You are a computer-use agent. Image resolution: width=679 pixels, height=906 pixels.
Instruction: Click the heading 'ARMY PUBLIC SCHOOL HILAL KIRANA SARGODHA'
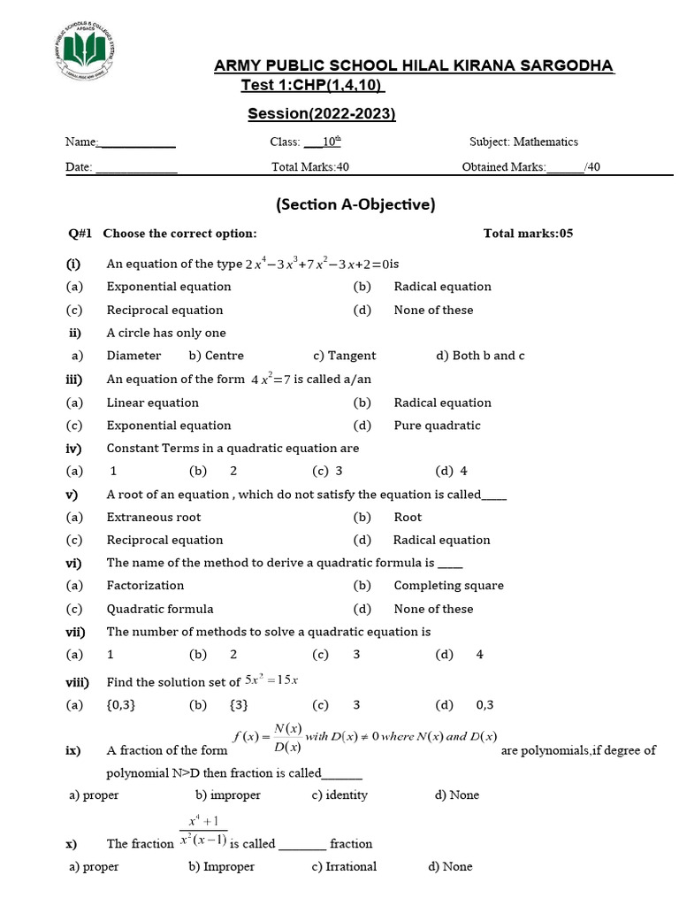point(415,67)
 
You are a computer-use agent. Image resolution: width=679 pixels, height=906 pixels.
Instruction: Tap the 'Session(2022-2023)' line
point(321,113)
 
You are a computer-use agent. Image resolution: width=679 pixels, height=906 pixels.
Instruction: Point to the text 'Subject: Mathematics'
point(523,142)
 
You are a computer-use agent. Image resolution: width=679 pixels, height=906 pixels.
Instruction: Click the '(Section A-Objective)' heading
point(356,204)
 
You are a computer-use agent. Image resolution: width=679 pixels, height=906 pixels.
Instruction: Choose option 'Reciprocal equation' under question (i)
point(164,311)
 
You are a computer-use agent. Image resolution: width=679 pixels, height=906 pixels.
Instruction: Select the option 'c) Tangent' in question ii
point(344,356)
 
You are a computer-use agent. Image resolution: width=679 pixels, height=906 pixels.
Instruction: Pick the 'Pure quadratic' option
point(437,426)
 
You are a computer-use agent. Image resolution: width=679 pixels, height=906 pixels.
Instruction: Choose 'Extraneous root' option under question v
point(154,518)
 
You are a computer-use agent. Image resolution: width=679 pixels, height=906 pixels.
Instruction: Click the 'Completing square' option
point(448,586)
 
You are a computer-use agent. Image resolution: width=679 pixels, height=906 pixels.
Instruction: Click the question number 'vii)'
point(73,632)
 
